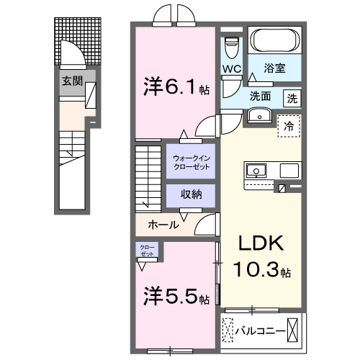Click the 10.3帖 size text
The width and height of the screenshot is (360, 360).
(263, 272)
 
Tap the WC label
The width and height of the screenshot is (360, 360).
(230, 69)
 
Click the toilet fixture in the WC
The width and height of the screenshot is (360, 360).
(231, 47)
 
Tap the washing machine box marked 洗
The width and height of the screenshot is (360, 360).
(292, 97)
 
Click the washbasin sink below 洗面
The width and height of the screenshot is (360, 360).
(256, 115)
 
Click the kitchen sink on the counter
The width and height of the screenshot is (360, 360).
(257, 171)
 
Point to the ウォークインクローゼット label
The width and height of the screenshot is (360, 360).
(192, 161)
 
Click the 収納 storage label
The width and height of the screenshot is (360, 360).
(192, 194)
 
